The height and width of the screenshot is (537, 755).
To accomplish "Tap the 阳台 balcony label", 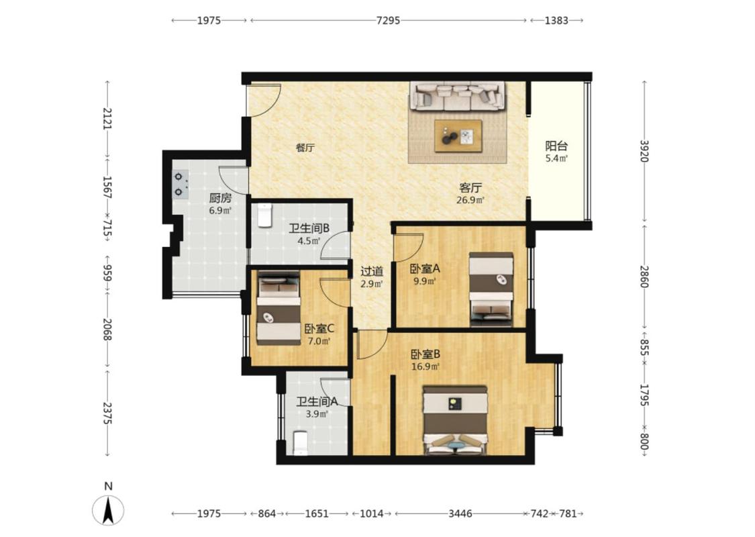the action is pyautogui.click(x=556, y=146).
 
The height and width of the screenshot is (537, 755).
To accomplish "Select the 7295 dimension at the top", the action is pyautogui.click(x=388, y=20).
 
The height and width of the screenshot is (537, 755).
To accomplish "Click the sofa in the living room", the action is pyautogui.click(x=458, y=95).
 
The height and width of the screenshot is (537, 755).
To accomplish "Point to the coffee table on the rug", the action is pyautogui.click(x=458, y=136).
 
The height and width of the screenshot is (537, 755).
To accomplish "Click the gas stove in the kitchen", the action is pyautogui.click(x=180, y=185).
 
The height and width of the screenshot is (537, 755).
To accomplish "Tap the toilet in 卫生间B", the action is pyautogui.click(x=264, y=215).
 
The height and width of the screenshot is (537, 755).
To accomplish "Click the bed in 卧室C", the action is pyautogui.click(x=279, y=309).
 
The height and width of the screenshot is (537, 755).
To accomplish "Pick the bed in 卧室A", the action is pyautogui.click(x=491, y=289).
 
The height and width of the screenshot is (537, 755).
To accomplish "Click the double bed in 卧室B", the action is pyautogui.click(x=455, y=420).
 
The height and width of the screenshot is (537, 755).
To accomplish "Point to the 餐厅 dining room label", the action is pyautogui.click(x=305, y=148).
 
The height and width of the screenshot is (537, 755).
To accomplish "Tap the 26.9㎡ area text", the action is pyautogui.click(x=470, y=199).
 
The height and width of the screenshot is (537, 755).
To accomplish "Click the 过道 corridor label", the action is pyautogui.click(x=372, y=271).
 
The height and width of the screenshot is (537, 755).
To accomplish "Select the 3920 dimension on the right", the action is pyautogui.click(x=644, y=151).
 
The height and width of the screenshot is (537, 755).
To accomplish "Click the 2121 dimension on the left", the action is pyautogui.click(x=107, y=119).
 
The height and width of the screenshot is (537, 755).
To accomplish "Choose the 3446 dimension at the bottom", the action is pyautogui.click(x=460, y=514).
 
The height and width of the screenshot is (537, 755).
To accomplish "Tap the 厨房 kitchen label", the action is pyautogui.click(x=221, y=197).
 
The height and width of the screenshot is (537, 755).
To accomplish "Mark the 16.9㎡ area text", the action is pyautogui.click(x=425, y=367).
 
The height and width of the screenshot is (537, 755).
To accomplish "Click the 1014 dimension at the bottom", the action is pyautogui.click(x=372, y=514).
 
